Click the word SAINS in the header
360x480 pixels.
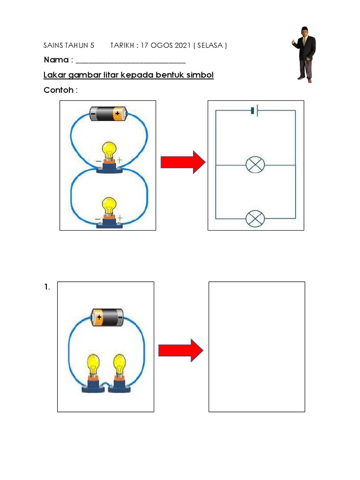pyautogui.click(x=52, y=45)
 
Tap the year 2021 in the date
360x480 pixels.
pyautogui.click(x=180, y=45)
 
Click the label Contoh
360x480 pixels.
pyautogui.click(x=59, y=90)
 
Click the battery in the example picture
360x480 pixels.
pyautogui.click(x=108, y=113)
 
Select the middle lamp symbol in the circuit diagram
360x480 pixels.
pyautogui.click(x=255, y=165)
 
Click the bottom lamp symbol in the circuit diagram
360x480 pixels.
pyautogui.click(x=255, y=218)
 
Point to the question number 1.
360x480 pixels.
pyautogui.click(x=47, y=287)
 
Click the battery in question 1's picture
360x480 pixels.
pyautogui.click(x=106, y=317)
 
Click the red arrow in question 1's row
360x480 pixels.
pyautogui.click(x=180, y=350)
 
